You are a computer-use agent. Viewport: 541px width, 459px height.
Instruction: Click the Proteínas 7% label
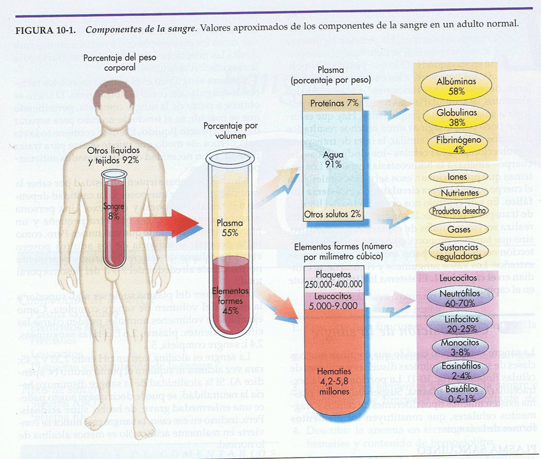pyautogui.click(x=334, y=103)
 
